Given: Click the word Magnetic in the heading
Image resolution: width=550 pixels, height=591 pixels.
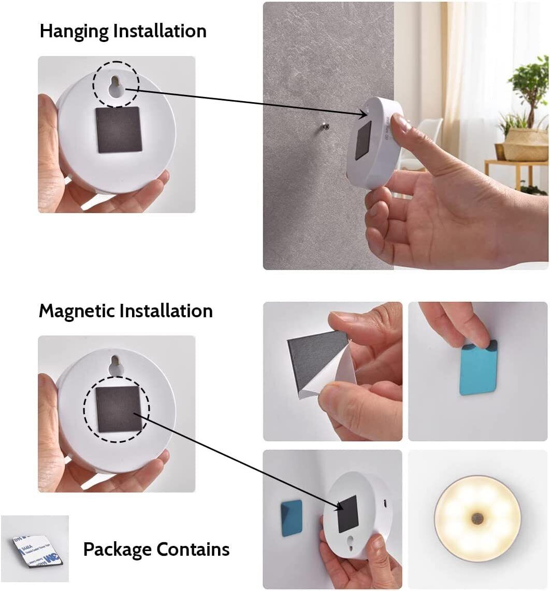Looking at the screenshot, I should pyautogui.click(x=77, y=311).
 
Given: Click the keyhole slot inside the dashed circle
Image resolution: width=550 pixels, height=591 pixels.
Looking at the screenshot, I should pyautogui.click(x=116, y=89).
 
